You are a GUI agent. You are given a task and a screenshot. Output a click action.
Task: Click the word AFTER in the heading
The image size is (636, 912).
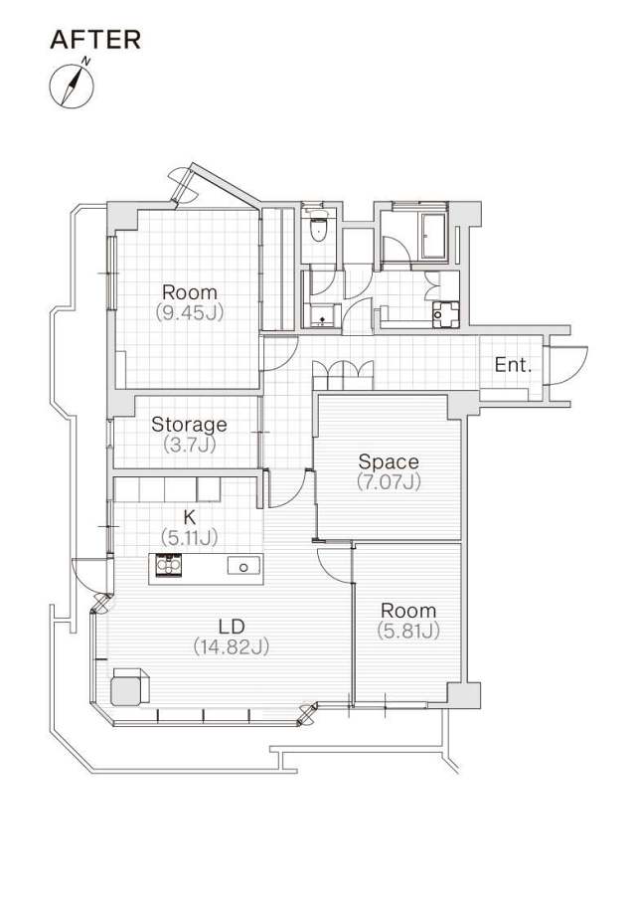(x=95, y=40)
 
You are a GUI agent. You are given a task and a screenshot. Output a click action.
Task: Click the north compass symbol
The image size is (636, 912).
(x=73, y=87)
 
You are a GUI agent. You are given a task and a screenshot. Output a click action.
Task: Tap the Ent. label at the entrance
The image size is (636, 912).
(x=514, y=365)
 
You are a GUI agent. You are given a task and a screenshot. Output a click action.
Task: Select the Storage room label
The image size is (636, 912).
(x=189, y=424)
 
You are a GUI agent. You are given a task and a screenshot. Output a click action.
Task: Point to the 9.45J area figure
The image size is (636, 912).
(x=190, y=312)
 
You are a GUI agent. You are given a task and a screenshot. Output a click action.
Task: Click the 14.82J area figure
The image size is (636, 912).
(x=232, y=646)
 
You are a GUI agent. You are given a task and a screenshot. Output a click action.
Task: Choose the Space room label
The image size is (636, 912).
(x=389, y=461)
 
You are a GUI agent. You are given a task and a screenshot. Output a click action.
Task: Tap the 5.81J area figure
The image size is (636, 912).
(x=408, y=631)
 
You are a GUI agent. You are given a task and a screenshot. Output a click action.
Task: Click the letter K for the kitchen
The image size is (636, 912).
(x=189, y=516)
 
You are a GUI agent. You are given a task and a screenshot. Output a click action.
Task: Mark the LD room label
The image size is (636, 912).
(x=232, y=627)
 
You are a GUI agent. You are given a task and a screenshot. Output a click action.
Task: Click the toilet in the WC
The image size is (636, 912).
(x=318, y=227)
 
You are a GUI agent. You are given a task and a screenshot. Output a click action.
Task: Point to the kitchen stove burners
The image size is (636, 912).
(x=168, y=565)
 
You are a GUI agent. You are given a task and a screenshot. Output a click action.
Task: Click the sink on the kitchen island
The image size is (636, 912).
(x=244, y=565)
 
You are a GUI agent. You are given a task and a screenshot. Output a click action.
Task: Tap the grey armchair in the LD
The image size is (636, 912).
(x=129, y=688)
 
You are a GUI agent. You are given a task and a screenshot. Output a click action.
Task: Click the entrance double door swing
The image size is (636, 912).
(x=566, y=366)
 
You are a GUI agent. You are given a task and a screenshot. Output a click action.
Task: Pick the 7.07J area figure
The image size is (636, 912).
(x=389, y=482)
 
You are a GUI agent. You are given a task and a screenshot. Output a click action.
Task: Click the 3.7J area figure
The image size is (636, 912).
(x=189, y=445)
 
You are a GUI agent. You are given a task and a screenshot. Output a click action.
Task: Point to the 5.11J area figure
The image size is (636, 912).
(x=189, y=537)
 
